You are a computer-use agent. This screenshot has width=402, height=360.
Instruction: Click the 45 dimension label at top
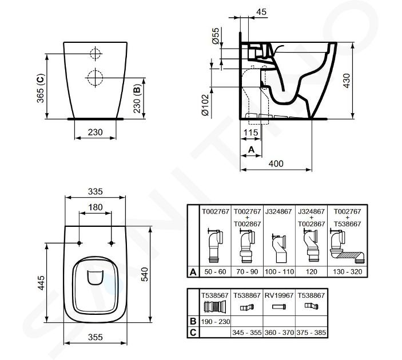[261, 12]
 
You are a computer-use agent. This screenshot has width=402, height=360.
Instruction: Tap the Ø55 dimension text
[216, 35]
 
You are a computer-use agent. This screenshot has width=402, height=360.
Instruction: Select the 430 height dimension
[347, 81]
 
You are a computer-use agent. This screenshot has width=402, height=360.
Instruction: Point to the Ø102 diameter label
[205, 105]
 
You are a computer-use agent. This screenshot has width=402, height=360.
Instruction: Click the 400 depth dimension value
[276, 163]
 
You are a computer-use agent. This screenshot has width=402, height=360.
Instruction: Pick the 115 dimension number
[250, 133]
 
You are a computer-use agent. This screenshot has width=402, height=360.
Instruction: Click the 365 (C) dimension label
[41, 89]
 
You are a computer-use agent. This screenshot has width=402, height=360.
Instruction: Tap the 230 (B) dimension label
[137, 98]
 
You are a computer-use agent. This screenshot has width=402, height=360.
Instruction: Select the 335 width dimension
[95, 191]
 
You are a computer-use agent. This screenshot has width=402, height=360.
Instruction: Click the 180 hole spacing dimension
[95, 207]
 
